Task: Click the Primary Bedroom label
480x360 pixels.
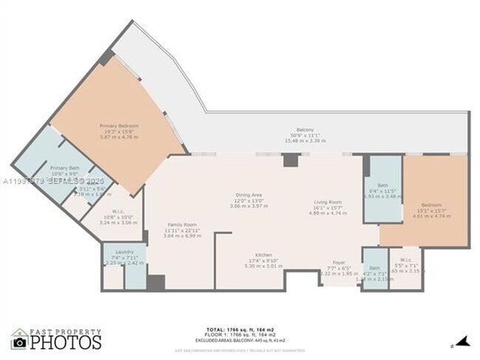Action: coord(119,125)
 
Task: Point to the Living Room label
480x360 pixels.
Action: coord(327,201)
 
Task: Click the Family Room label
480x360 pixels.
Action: coord(181,224)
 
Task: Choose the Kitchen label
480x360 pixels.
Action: coord(253,255)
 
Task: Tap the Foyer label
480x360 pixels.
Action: coord(338,262)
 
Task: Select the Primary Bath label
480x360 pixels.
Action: coord(64,168)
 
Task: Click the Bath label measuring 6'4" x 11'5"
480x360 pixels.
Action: coord(382,185)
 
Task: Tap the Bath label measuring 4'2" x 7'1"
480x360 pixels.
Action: coord(374,268)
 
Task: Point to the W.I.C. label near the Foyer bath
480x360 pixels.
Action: coord(406,260)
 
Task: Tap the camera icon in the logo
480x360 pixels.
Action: coord(20,342)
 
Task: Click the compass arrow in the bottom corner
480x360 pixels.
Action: coord(463,340)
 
